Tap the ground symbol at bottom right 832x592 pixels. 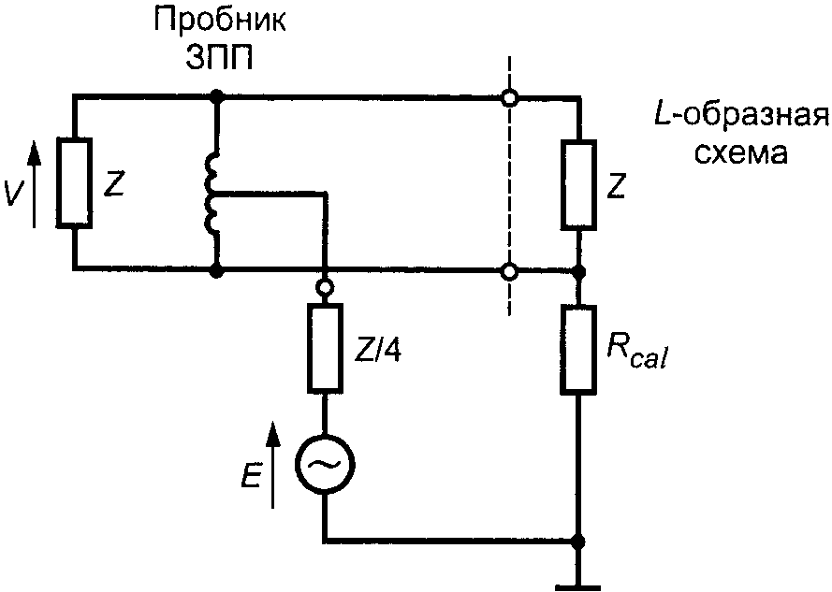click(x=578, y=581)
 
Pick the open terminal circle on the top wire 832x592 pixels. click(x=509, y=96)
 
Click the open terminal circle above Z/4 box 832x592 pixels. click(x=325, y=288)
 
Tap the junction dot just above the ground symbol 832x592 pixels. click(x=578, y=541)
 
